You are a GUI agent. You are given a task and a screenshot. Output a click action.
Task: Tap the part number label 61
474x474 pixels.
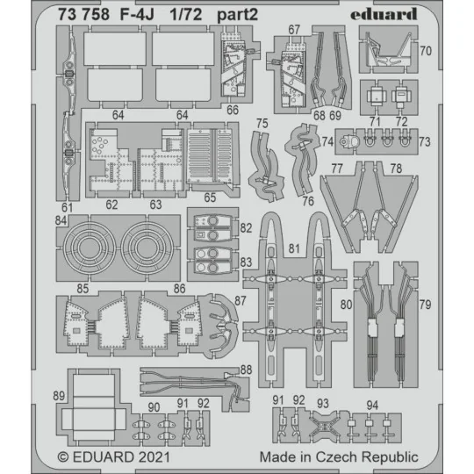coord(65,206)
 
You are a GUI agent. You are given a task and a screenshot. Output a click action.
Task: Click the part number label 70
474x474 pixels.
coord(424,51)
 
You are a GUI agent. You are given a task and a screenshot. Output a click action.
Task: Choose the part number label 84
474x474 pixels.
coord(61,220)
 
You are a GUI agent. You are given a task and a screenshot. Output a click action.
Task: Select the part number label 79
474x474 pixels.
coord(424,305)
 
